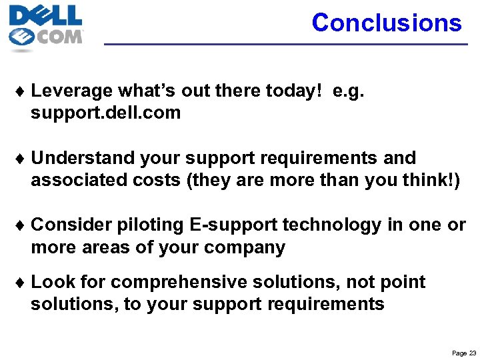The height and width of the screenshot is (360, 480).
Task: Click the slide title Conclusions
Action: click(386, 23)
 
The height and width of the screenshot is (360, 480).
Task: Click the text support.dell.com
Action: click(105, 113)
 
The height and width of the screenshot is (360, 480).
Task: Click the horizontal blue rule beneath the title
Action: click(287, 44)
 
